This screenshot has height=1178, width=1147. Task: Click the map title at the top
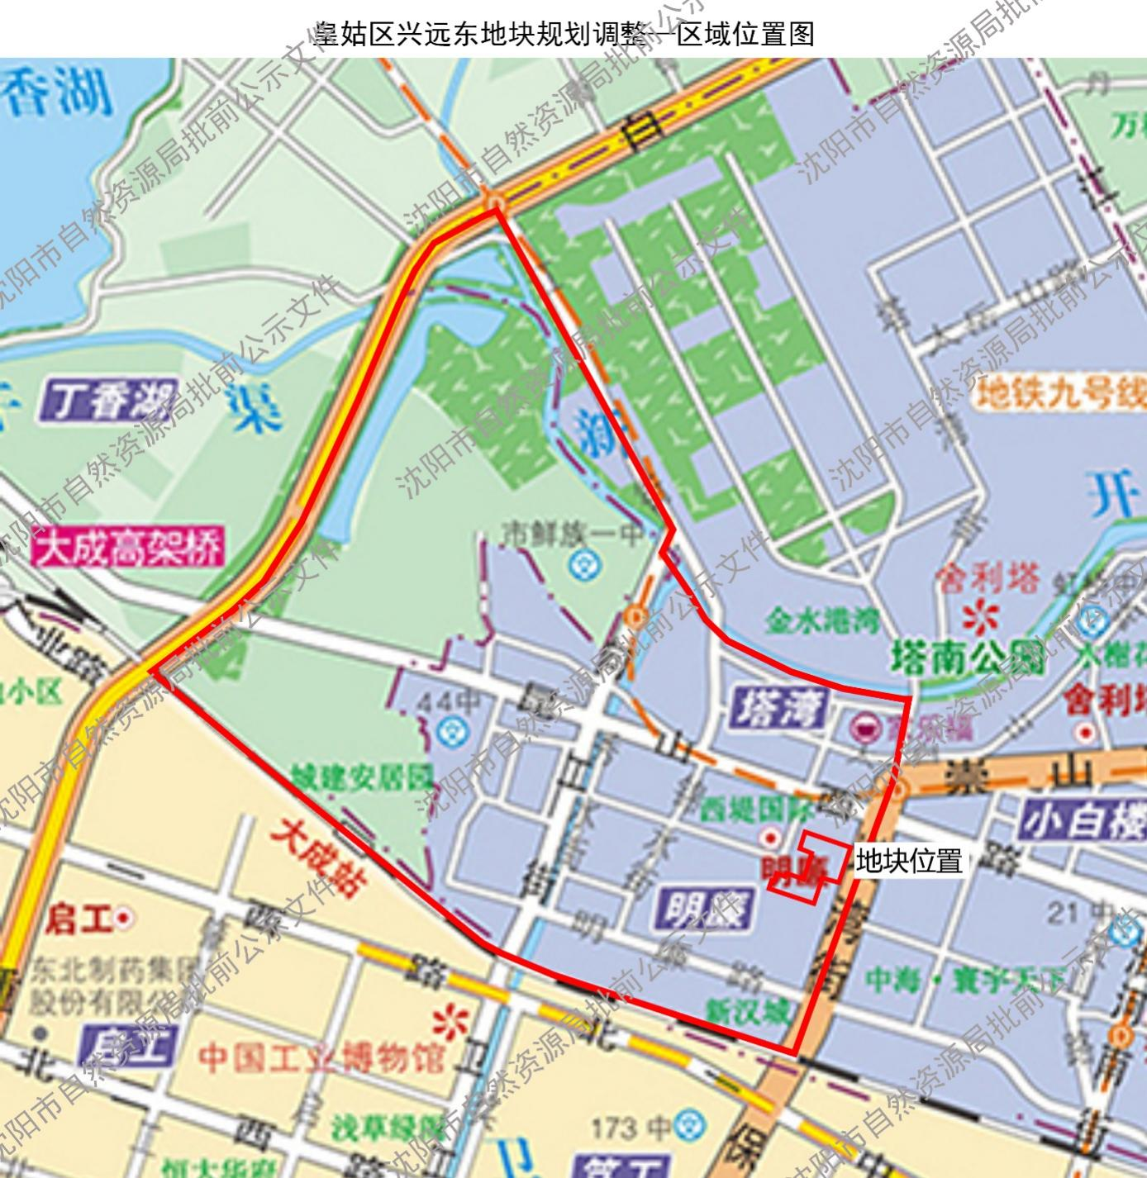pyautogui.click(x=564, y=33)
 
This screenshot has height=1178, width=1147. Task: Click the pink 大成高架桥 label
pyautogui.click(x=128, y=548)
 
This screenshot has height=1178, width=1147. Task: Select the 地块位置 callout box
pyautogui.click(x=909, y=862)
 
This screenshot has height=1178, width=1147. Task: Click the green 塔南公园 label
pyautogui.click(x=969, y=658)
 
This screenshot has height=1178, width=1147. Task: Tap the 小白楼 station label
pyautogui.click(x=1083, y=822)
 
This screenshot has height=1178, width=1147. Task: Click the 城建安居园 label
pyautogui.click(x=362, y=777)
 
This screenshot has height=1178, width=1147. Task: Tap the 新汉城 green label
pyautogui.click(x=748, y=1012)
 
